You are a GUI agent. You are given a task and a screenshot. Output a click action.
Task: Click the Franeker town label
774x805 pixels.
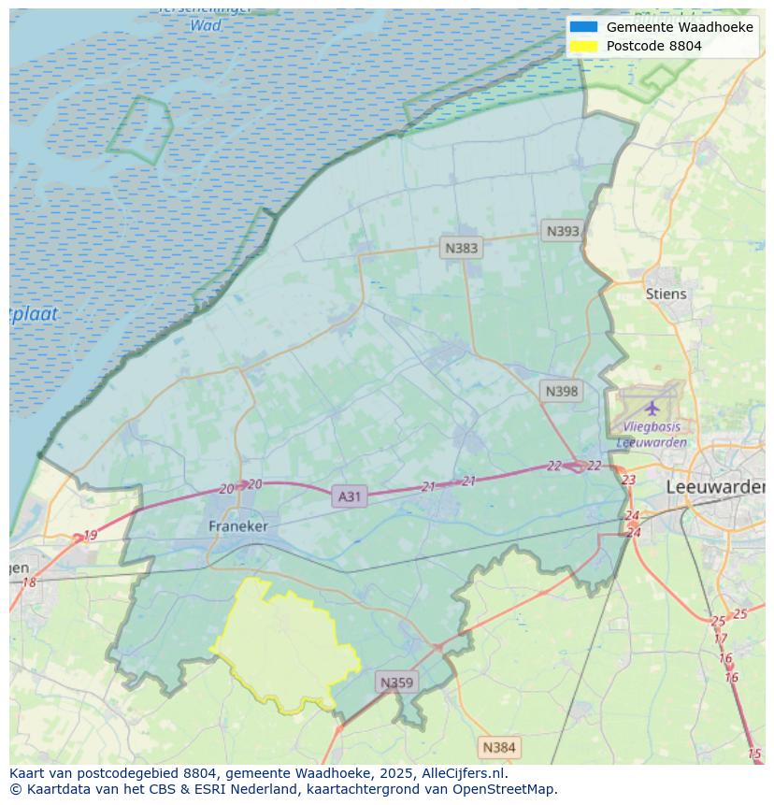[x=237, y=526]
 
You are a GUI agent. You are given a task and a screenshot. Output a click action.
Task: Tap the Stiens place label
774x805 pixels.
[x=666, y=294]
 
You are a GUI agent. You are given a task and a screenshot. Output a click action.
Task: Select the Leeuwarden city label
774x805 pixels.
[x=715, y=487]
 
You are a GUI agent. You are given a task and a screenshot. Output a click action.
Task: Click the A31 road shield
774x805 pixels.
[x=349, y=496]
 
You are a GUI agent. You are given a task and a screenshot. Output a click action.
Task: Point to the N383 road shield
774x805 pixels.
[x=461, y=248]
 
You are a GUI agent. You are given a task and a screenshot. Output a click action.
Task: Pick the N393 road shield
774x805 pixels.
[x=563, y=231]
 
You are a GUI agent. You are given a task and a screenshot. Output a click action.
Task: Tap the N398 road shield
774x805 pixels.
[x=561, y=391]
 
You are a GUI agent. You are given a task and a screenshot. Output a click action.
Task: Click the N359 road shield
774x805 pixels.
[x=396, y=683]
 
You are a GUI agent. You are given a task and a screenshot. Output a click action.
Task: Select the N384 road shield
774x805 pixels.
[x=498, y=747]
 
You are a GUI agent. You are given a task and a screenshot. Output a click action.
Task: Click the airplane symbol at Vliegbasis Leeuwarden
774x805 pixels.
[x=652, y=408]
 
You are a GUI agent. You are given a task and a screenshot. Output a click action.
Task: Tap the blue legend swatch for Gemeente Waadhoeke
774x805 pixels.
[x=583, y=27]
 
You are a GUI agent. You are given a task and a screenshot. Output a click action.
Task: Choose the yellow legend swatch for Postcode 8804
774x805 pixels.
[x=583, y=46]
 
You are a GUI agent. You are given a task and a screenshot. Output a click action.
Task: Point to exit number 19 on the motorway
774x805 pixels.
[x=90, y=536]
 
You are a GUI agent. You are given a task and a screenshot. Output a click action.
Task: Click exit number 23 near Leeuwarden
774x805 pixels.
[x=628, y=480]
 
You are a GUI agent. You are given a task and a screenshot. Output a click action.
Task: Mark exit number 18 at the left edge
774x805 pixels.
[x=29, y=582]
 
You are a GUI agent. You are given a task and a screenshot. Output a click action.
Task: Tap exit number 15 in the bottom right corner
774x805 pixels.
[x=754, y=754]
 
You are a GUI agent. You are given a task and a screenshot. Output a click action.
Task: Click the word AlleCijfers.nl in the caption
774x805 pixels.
[x=464, y=773]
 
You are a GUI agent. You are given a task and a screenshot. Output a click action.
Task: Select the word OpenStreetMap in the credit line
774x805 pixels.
[x=506, y=788]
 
